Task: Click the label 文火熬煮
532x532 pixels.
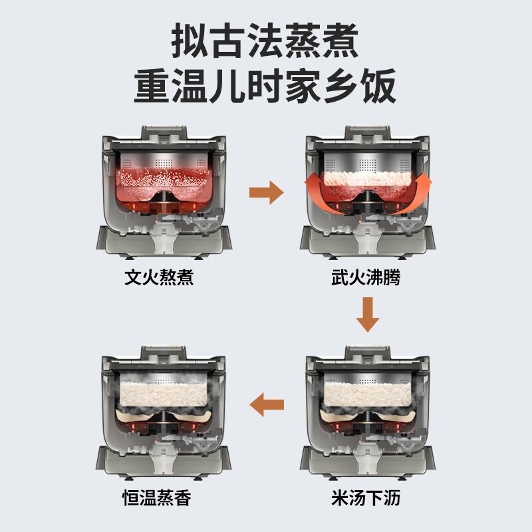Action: click(159, 277)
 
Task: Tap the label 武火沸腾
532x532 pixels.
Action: click(366, 277)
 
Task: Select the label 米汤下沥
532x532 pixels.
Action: click(366, 497)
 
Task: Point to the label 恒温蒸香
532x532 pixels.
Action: click(159, 497)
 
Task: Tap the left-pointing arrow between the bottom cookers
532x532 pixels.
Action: click(265, 404)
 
